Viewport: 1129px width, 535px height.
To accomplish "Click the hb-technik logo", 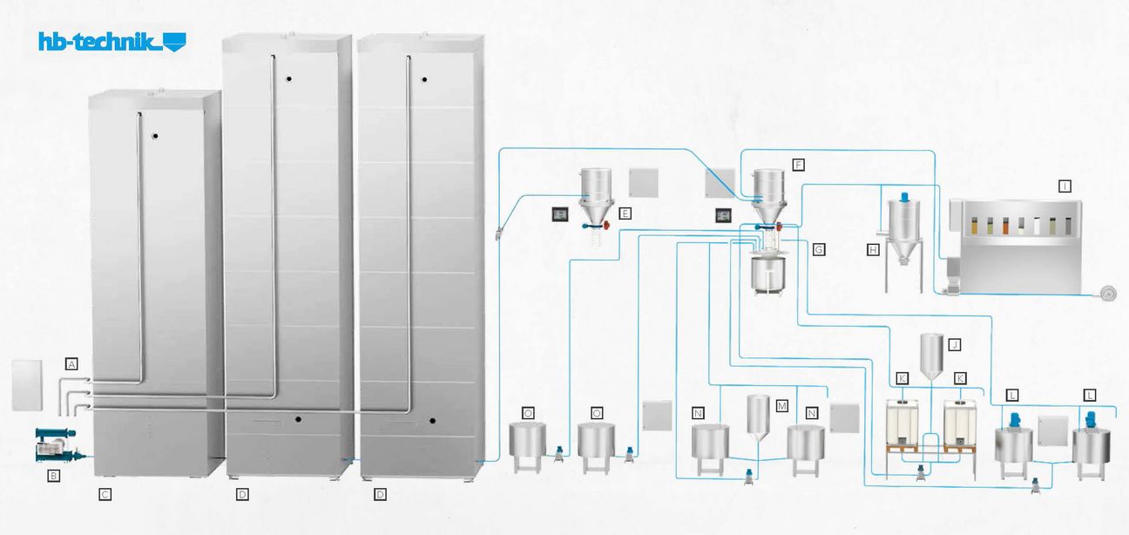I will (112, 41).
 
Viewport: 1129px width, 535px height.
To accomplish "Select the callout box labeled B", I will (54, 476).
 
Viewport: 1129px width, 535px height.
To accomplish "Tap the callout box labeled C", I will (105, 495).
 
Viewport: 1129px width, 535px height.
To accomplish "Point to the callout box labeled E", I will (625, 212).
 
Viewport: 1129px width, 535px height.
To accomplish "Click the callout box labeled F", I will (798, 164).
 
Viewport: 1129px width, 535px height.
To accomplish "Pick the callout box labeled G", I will (818, 249).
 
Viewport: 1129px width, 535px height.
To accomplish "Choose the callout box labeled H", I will (872, 249).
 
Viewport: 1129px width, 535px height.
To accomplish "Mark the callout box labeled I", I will (1065, 185).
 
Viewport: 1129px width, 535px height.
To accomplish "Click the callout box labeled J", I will (955, 344).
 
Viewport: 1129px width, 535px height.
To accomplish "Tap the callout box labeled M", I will (781, 406).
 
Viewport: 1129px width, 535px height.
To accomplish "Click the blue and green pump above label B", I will (55, 444).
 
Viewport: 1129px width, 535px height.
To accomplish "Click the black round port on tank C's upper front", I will (154, 136).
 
